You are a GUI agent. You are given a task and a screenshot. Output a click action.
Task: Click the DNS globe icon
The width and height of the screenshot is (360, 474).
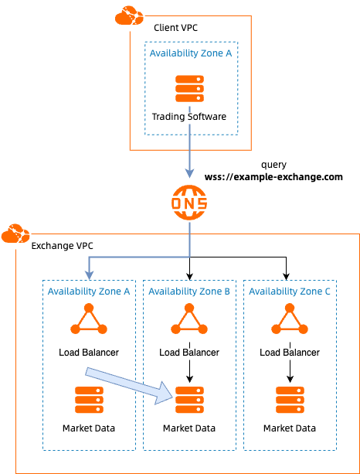189,204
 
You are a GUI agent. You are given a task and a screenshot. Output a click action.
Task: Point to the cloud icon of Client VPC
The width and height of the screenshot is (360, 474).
128,15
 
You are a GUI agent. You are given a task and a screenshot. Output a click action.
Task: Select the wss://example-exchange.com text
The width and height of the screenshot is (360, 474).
273,177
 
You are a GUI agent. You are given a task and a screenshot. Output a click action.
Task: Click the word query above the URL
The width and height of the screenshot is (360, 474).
273,164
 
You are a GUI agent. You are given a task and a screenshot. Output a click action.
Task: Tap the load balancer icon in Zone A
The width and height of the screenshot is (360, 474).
89,320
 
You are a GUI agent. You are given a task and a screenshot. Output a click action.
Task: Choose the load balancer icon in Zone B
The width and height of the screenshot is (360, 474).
189,320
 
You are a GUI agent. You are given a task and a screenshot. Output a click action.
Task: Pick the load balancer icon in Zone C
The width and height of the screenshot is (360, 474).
290,320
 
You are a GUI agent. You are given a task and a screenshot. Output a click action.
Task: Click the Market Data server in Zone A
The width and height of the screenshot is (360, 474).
89,400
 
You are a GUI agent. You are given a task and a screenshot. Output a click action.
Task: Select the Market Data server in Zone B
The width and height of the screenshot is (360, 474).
189,400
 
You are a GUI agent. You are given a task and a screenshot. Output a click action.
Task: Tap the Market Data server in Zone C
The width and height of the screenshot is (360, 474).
290,400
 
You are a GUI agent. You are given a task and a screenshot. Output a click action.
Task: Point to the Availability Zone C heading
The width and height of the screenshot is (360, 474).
290,292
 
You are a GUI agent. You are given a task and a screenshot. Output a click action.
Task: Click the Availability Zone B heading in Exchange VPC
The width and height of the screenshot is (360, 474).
189,292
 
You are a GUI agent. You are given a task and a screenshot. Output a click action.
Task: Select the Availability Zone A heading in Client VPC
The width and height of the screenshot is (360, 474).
190,53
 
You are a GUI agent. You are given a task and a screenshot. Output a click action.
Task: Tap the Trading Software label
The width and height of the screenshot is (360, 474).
189,117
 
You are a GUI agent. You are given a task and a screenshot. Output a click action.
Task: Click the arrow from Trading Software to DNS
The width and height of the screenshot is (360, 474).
189,151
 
